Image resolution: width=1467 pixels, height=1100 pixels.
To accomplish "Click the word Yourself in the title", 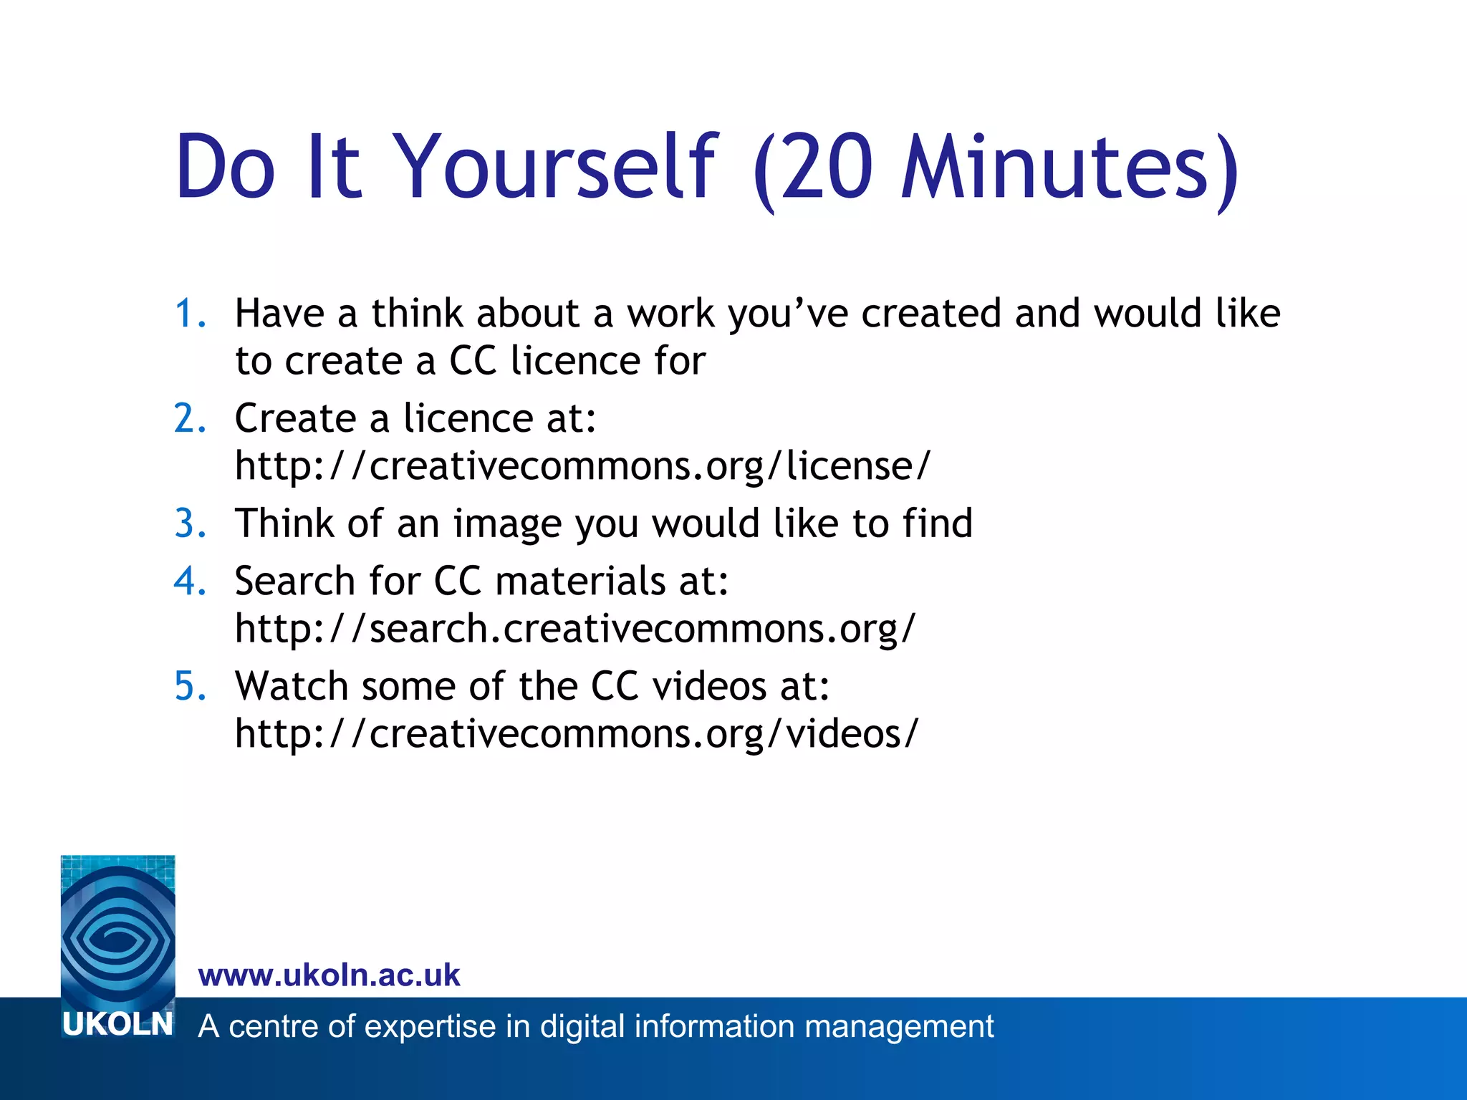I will (554, 168).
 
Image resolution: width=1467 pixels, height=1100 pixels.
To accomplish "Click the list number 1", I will (189, 314).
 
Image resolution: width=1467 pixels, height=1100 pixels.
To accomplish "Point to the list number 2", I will (189, 418).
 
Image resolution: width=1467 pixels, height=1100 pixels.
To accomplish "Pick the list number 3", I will (189, 524).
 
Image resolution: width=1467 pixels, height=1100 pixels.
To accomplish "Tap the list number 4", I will (189, 581).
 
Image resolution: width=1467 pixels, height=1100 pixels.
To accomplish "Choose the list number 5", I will (189, 686).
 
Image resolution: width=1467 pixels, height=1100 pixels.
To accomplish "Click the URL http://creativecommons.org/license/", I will (582, 466).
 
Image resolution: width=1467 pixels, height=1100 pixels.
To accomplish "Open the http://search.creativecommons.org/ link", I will (575, 629).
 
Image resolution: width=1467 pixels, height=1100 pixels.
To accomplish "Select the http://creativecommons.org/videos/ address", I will (576, 734).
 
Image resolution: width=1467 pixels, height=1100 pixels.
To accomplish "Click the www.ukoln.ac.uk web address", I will (329, 975).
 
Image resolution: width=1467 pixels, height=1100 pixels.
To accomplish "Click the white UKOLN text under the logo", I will (118, 1025).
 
